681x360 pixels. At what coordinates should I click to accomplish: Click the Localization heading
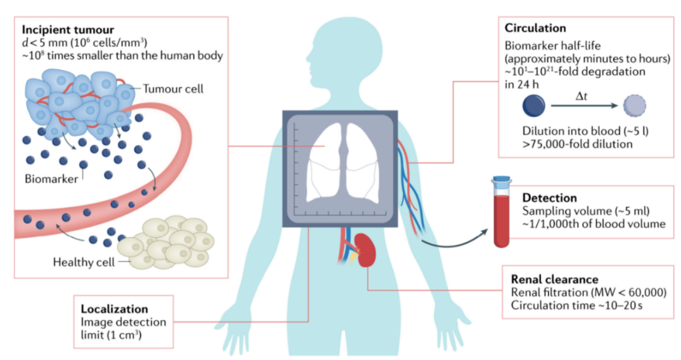(x=114, y=309)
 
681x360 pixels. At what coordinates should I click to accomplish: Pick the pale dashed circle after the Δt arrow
(x=634, y=107)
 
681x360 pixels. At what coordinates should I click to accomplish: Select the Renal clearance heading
(x=554, y=279)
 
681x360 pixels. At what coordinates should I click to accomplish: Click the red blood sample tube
(x=501, y=221)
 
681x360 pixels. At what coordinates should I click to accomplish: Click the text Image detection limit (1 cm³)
(x=123, y=329)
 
